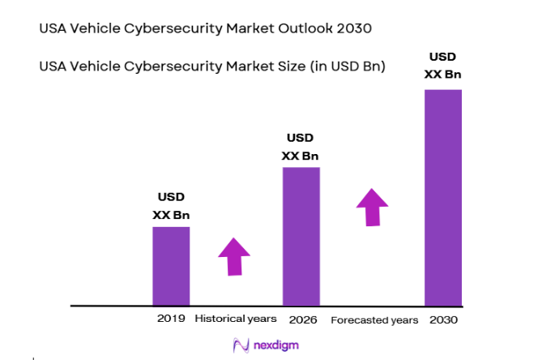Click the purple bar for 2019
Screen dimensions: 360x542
pyautogui.click(x=171, y=266)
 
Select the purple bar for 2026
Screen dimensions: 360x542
pyautogui.click(x=301, y=236)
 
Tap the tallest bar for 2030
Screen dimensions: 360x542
pyautogui.click(x=443, y=197)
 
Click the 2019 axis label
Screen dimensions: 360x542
pyautogui.click(x=171, y=319)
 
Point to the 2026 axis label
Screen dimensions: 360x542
pyautogui.click(x=301, y=319)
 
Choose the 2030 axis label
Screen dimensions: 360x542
pyautogui.click(x=443, y=319)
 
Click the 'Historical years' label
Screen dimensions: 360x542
pyautogui.click(x=236, y=319)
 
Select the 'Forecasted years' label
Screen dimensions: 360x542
pyautogui.click(x=374, y=319)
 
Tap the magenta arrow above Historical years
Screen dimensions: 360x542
pyautogui.click(x=234, y=257)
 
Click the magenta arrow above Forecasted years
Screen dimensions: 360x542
pyautogui.click(x=373, y=208)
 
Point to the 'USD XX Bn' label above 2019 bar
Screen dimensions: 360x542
pyautogui.click(x=171, y=206)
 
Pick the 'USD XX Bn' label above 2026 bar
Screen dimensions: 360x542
pyautogui.click(x=300, y=147)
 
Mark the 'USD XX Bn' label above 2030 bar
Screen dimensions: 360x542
pyautogui.click(x=443, y=66)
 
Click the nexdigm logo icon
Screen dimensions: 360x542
pyautogui.click(x=240, y=345)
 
